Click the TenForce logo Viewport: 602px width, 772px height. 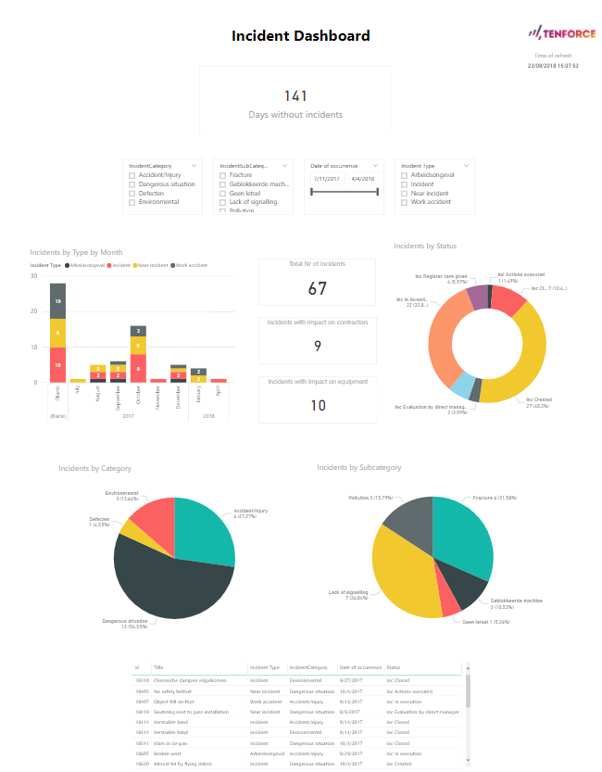pos(554,32)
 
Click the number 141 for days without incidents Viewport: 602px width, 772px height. pos(295,95)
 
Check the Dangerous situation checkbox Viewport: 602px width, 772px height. pos(132,184)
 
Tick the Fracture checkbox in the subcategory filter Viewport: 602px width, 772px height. pos(223,175)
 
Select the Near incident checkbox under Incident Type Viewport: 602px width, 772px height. pos(405,193)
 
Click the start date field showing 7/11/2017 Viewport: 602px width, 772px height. pos(327,178)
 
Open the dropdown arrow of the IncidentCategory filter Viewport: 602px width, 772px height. pos(193,165)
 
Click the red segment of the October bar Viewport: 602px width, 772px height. pos(137,367)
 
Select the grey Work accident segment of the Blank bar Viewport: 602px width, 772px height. pos(57,301)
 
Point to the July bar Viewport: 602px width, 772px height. pos(78,380)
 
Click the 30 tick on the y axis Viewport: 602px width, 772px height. pos(33,276)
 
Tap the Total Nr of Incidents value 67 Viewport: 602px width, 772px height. pos(317,289)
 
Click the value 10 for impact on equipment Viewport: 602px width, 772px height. pos(317,405)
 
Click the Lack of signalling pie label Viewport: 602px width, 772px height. pos(348,594)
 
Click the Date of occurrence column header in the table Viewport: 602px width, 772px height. pos(359,667)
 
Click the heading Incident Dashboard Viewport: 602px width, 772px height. pos(300,36)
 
